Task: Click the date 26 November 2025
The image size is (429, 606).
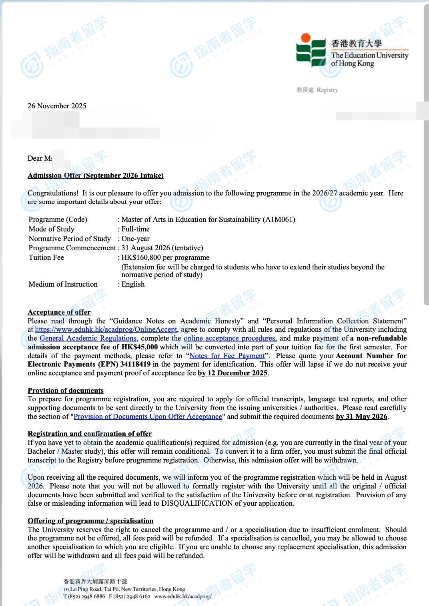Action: point(57,106)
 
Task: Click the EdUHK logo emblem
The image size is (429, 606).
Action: point(311,50)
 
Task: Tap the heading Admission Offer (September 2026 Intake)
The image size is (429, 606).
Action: point(96,175)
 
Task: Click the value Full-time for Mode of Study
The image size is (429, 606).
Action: point(136,229)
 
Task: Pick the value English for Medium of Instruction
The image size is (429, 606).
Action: point(133,284)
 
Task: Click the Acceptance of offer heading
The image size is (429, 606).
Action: point(59,312)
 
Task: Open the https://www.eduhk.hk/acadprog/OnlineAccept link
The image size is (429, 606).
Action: point(106,329)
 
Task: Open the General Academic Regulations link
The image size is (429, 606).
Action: point(88,338)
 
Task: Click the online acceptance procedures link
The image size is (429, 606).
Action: point(229,338)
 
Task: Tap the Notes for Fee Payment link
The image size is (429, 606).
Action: point(227,356)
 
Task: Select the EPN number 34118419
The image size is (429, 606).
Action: point(135,364)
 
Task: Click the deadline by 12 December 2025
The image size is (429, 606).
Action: point(233,373)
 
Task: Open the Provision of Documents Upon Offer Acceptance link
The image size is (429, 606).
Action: point(148,417)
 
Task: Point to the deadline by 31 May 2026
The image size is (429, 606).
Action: point(362,417)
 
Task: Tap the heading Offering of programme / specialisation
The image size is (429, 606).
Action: point(90,521)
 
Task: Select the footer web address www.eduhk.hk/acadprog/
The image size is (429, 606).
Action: point(182,596)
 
